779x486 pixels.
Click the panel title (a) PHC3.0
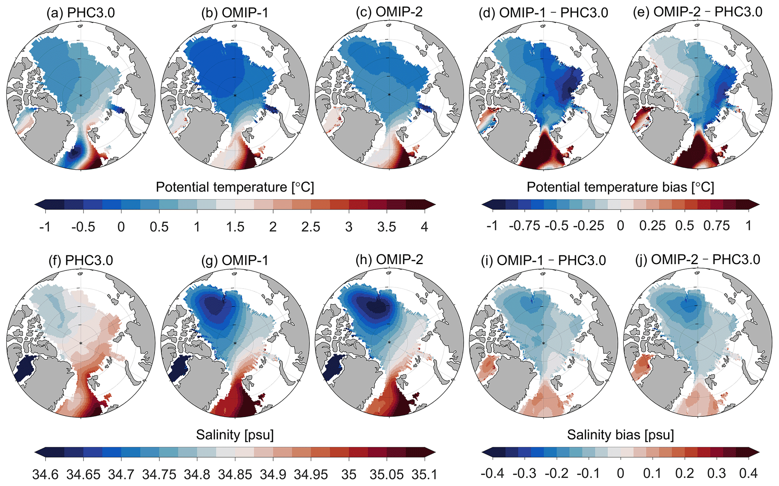point(81,13)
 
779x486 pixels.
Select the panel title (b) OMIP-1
point(235,13)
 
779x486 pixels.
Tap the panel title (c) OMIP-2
point(389,12)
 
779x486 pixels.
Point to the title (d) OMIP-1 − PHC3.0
point(543,13)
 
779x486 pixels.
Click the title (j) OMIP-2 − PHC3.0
point(698,260)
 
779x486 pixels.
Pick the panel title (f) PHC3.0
point(81,260)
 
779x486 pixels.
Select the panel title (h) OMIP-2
point(389,260)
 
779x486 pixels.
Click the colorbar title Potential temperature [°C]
point(235,187)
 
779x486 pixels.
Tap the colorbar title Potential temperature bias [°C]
point(620,187)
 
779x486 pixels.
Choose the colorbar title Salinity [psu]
point(235,435)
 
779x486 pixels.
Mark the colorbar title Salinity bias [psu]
point(620,435)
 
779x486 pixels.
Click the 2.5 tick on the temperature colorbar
point(311,227)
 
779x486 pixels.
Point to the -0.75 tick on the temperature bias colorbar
point(525,226)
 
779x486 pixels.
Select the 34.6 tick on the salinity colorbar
point(46,474)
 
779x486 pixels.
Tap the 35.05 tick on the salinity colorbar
point(387,474)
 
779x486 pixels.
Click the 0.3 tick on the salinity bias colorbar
point(716,473)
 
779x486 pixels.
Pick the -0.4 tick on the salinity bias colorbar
point(493,473)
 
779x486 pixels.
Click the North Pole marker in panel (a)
point(81,95)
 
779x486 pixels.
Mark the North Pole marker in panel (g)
point(235,343)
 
